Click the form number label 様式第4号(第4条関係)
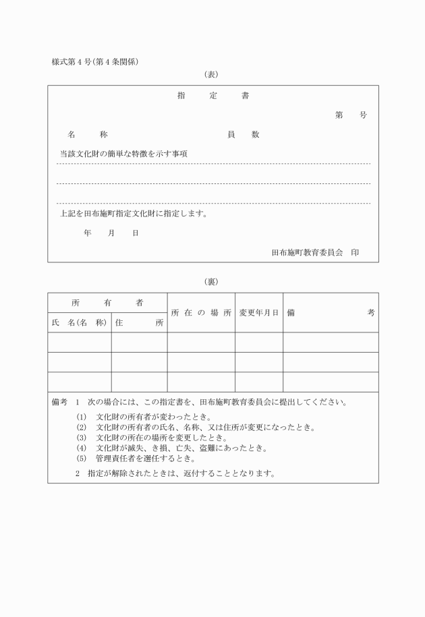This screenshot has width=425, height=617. pos(99,62)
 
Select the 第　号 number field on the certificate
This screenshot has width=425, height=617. pos(351,115)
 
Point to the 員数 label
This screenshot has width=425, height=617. pos(243,135)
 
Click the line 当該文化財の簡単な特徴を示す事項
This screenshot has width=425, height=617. pos(123,154)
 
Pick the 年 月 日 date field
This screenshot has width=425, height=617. pos(111,233)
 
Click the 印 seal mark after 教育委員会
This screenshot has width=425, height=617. pos(355,252)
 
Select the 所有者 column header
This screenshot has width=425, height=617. pos(107,303)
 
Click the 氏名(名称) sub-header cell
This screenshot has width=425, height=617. pos(80,322)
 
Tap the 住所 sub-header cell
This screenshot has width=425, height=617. pos(139,322)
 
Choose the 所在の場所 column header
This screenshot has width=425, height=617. pos(201,313)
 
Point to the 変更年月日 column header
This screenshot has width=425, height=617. pos(258,313)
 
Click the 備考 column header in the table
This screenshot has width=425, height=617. pos(331,313)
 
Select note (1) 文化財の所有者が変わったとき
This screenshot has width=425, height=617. pos(144,417)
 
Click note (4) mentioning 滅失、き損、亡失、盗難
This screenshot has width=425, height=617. pos(173,448)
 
